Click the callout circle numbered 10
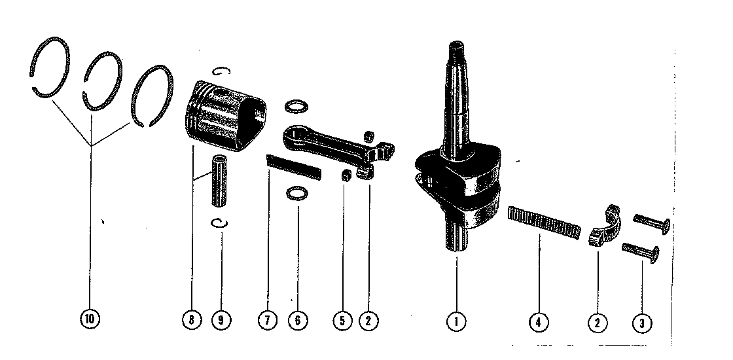pos(90,320)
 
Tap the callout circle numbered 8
pos(192,320)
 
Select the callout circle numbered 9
pos(221,320)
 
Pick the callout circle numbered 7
pos(268,321)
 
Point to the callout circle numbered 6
pos(298,321)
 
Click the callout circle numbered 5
pos(342,321)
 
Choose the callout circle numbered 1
pos(456,321)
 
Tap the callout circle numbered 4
pos(539,322)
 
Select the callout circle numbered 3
pos(642,323)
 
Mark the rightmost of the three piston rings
pos(171,89)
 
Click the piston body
pos(225,115)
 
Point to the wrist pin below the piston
pos(219,181)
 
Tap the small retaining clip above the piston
pos(221,71)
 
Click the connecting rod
pos(336,147)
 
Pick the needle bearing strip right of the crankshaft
pos(544,223)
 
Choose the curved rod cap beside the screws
pos(605,225)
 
